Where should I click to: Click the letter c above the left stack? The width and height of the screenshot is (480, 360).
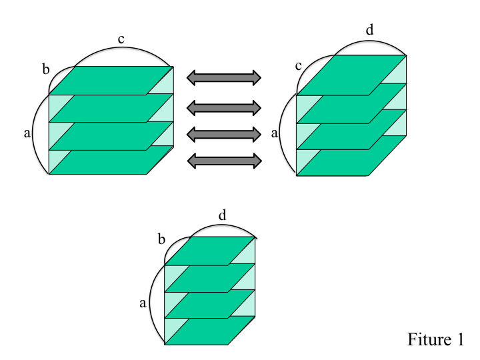click(x=121, y=40)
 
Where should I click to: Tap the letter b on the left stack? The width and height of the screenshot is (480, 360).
click(x=45, y=69)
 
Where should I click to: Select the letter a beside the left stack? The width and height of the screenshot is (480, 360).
click(x=27, y=133)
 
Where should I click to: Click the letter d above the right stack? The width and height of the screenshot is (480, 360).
click(x=370, y=30)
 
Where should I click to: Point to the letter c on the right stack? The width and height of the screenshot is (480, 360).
click(x=299, y=66)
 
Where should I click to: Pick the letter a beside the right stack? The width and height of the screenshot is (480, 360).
click(x=274, y=133)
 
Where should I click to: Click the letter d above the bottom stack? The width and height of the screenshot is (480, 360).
click(x=222, y=215)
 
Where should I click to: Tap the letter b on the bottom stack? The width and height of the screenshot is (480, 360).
click(x=161, y=239)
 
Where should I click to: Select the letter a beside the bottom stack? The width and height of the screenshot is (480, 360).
click(x=143, y=303)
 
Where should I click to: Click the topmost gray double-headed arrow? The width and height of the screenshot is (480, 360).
click(x=224, y=78)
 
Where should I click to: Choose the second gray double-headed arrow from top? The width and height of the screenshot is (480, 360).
click(x=224, y=108)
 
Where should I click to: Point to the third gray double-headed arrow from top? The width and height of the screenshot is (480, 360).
click(x=224, y=135)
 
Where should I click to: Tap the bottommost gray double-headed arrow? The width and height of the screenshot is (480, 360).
click(x=224, y=161)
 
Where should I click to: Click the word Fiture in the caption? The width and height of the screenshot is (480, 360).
click(x=429, y=339)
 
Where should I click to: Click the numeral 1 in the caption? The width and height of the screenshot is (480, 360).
click(x=460, y=339)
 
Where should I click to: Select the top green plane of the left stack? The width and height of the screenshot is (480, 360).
click(x=111, y=81)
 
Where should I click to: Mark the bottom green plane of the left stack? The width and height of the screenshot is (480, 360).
click(x=111, y=160)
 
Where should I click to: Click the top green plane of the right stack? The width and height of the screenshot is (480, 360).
click(x=351, y=75)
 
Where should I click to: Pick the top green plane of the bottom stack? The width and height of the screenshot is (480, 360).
click(x=210, y=251)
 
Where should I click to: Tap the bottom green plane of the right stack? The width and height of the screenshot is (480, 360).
click(x=351, y=155)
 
